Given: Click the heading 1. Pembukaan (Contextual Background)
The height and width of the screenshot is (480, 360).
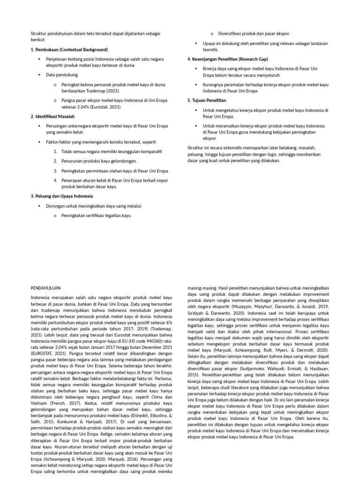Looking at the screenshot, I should point(69,49).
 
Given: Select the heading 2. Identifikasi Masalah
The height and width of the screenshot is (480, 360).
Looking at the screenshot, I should point(52,116).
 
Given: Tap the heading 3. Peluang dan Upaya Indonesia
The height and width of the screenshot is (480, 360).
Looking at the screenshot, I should point(61,196).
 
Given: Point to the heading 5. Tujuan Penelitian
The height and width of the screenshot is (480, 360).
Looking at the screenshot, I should point(207,100).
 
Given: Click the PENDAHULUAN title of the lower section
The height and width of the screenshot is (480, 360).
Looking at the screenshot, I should point(45,287).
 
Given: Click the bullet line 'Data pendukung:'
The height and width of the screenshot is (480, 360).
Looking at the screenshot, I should point(62,75).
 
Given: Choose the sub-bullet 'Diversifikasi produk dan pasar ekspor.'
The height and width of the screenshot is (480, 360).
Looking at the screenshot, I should point(254,34).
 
